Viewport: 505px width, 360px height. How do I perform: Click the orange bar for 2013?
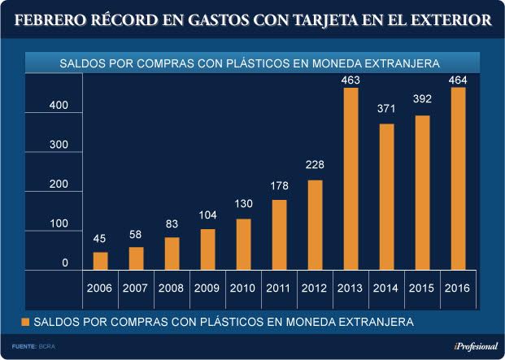point(351,179)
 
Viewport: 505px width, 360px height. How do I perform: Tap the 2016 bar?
point(459,179)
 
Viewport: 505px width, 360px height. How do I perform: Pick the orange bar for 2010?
point(244,244)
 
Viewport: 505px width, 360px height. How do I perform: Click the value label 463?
point(351,80)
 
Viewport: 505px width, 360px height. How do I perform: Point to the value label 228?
point(316,165)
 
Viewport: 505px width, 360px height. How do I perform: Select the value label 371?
point(387,109)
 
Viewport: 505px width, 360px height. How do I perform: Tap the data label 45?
point(100,238)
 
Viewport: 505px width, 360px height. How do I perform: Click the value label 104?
point(208,215)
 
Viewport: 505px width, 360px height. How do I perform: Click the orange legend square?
point(26,322)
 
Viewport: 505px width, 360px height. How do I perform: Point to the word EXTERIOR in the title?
point(446,20)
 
